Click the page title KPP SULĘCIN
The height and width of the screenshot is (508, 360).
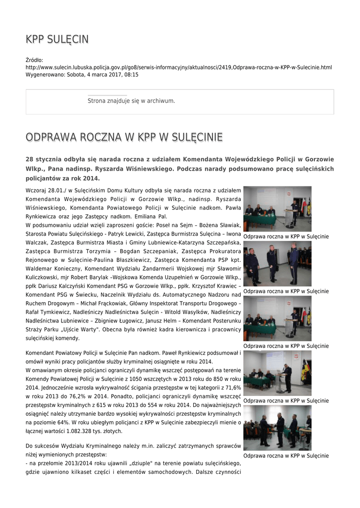(x=57, y=40)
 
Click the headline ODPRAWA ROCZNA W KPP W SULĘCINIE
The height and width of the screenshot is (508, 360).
(x=124, y=137)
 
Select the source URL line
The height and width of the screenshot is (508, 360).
(x=179, y=67)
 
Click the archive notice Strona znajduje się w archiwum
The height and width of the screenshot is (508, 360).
(x=131, y=101)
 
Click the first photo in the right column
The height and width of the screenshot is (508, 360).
(x=277, y=208)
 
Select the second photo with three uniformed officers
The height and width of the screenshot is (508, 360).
(x=277, y=263)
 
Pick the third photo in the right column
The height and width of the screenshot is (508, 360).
(x=277, y=318)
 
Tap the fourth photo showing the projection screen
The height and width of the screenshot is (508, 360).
(x=277, y=373)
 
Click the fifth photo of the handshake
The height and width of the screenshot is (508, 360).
(x=277, y=428)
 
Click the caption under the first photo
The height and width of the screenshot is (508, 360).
(x=286, y=237)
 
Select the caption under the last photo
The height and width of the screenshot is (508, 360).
(x=286, y=456)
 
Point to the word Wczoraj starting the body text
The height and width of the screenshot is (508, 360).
(x=36, y=190)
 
